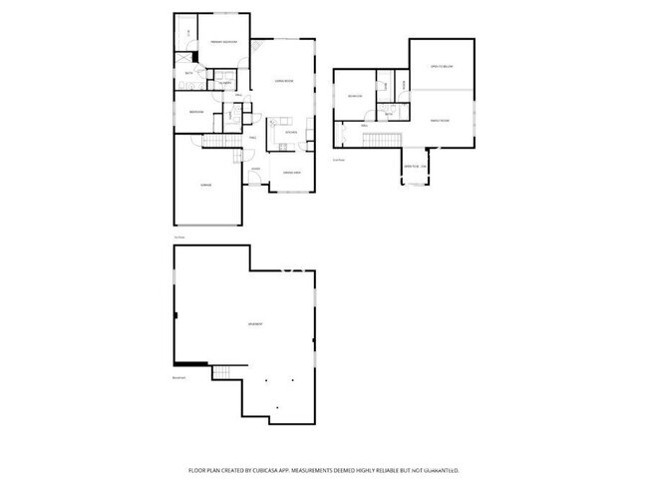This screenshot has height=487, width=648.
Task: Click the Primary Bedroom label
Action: click(x=222, y=41)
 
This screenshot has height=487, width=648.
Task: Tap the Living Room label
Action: click(x=283, y=81)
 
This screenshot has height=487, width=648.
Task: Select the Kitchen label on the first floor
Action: click(x=291, y=132)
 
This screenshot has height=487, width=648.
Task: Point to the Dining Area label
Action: click(x=293, y=174)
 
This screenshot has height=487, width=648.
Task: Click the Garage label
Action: click(x=205, y=185)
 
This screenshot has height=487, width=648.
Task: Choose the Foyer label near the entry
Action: click(x=256, y=169)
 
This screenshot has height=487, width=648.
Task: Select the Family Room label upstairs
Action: click(x=440, y=120)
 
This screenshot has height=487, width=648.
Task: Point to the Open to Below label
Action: click(x=442, y=67)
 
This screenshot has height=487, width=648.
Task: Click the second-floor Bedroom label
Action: click(x=354, y=96)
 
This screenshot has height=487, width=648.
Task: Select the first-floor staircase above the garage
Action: click(x=216, y=143)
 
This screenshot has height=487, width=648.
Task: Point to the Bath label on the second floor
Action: click(x=389, y=116)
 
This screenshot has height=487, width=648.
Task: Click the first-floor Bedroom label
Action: click(x=197, y=112)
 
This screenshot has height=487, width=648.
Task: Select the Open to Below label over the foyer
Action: click(x=414, y=167)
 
